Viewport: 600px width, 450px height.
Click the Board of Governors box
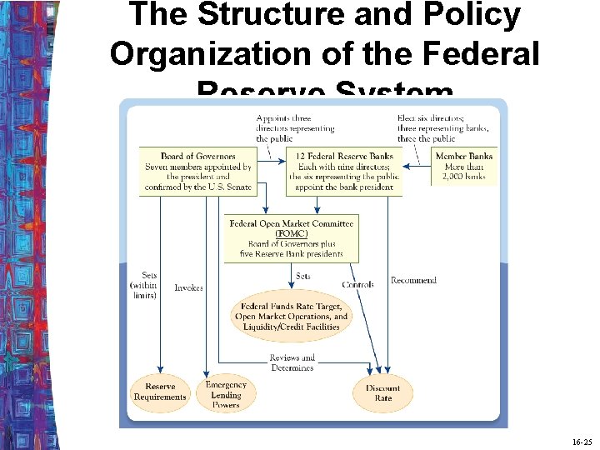[x=197, y=172]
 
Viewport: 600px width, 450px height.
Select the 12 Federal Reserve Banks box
[x=344, y=172]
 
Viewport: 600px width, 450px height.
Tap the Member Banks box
[x=463, y=166]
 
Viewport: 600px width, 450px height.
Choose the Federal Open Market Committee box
[x=291, y=238]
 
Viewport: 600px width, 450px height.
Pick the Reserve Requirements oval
[x=160, y=392]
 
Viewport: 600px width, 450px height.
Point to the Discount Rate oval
[x=382, y=393]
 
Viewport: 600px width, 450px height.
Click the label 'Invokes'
[x=188, y=287]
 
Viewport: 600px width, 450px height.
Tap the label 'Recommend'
[x=413, y=281]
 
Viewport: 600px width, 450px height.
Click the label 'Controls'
[x=357, y=285]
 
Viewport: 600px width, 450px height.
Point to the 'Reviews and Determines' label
[x=292, y=362]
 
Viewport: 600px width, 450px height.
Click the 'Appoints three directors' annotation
[x=295, y=128]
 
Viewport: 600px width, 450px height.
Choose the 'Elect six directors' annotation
[x=442, y=128]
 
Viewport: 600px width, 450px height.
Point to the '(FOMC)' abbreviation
[x=291, y=233]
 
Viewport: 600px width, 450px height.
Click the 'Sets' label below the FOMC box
[x=303, y=276]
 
